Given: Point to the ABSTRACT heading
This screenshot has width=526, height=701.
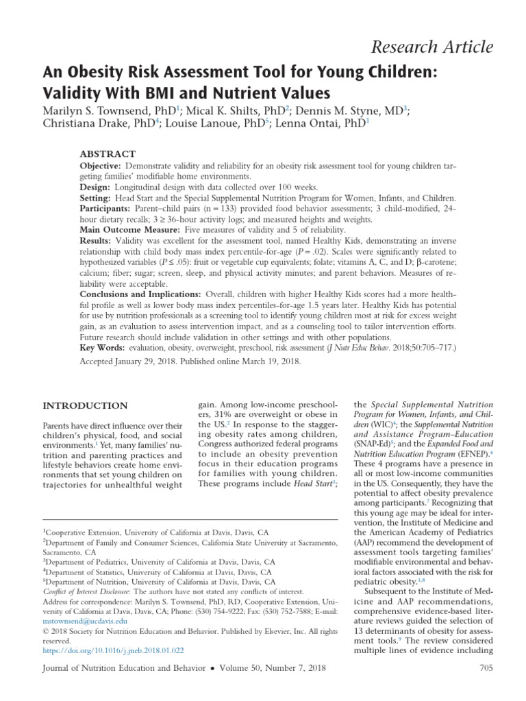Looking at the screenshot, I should [x=108, y=154].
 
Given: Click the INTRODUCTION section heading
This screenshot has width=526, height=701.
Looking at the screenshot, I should [x=85, y=406].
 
